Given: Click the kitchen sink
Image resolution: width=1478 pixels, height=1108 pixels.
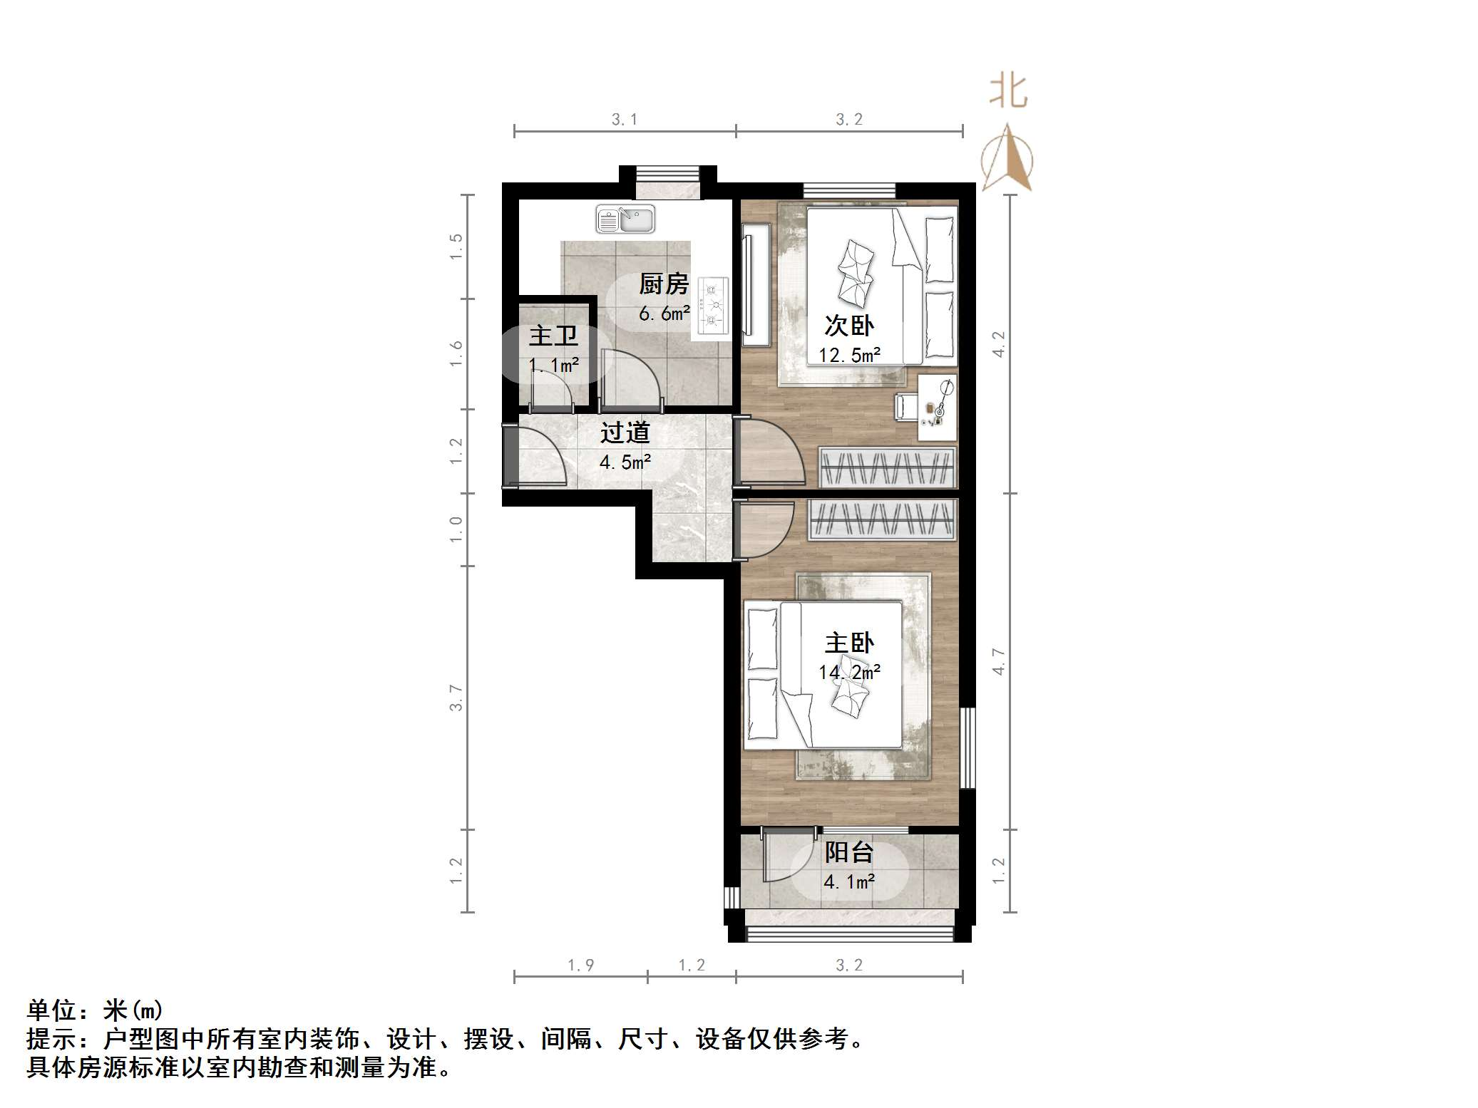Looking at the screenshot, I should point(625,219).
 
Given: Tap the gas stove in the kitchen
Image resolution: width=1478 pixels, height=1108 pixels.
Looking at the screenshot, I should point(713,306).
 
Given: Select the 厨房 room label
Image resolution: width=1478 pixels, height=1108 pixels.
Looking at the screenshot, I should point(663,284).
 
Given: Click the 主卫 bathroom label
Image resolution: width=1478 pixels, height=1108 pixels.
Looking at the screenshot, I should point(553,336).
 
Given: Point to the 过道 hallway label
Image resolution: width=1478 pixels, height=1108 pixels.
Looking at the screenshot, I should point(625,433).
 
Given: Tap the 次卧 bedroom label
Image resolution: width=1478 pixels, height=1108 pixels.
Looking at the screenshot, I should point(848,326).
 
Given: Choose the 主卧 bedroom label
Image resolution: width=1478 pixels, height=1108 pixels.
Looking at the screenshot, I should point(848,643).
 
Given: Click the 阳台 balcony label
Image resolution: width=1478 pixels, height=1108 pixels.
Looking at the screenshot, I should point(848,852).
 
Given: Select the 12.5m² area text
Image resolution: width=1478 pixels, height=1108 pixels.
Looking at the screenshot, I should point(848,355).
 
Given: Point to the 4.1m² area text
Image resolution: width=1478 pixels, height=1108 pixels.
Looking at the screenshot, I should point(848,882).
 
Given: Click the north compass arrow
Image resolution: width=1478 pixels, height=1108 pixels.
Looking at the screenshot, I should point(1007,160).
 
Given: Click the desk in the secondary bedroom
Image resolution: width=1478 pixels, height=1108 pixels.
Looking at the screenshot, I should point(937,408).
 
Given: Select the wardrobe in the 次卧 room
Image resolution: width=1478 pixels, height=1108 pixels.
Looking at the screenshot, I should point(886,468).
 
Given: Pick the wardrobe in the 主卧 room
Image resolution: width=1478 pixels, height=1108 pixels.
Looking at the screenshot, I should point(882,519).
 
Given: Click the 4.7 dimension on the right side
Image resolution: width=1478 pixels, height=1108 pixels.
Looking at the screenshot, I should point(998,661).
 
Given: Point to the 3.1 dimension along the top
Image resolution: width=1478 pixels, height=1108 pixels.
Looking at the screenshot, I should point(624,120).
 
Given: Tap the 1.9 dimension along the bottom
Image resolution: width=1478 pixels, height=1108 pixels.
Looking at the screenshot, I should point(580,965).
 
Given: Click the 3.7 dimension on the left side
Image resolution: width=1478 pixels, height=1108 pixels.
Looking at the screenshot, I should point(456,698).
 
